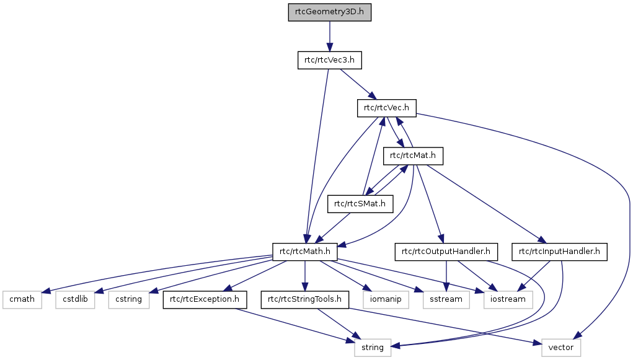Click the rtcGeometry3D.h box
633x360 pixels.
tap(329, 12)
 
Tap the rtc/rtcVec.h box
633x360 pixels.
tap(386, 108)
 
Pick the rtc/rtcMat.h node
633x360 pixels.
tap(413, 155)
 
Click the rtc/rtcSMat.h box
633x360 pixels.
tap(360, 203)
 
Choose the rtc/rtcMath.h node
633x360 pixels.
tap(305, 252)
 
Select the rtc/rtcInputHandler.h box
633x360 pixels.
tap(559, 252)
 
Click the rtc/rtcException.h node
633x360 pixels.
tap(205, 300)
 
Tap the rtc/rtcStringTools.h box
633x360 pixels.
tap(305, 300)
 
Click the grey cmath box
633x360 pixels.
tap(22, 300)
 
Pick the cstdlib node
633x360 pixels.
tap(75, 300)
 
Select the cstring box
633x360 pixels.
tap(128, 300)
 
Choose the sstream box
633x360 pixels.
tap(442, 300)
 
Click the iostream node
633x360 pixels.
tap(508, 300)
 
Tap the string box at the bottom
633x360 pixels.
tap(373, 348)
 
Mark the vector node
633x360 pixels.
tap(561, 348)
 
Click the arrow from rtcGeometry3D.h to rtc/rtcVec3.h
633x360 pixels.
tap(329, 36)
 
